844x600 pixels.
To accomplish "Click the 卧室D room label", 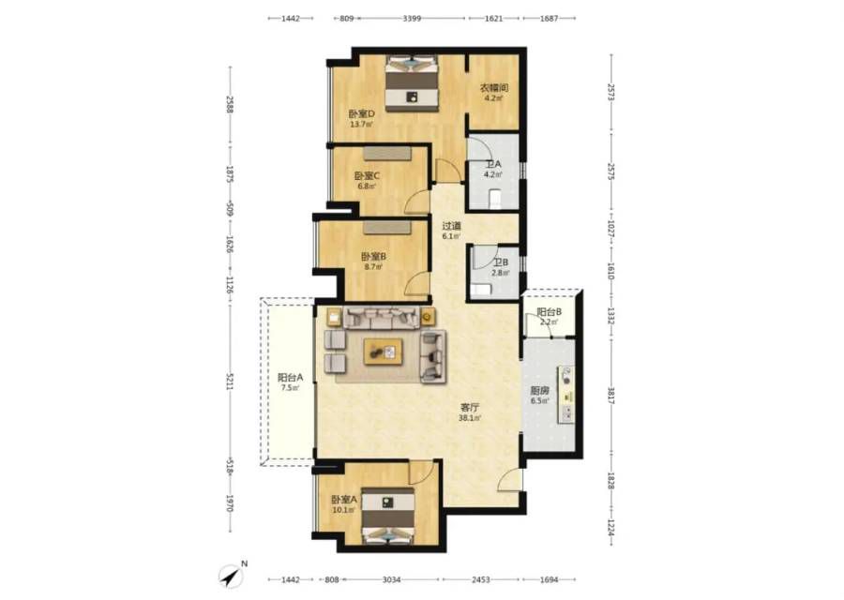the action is click(361, 114).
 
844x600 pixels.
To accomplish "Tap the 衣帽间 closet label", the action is click(494, 88).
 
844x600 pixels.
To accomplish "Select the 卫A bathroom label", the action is click(493, 164).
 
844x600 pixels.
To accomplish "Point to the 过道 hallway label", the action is click(452, 226).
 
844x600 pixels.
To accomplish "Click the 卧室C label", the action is click(367, 176).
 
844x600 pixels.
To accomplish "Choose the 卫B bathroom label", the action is click(501, 262).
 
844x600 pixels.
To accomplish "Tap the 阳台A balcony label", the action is click(290, 378).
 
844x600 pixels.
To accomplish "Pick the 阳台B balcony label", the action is click(550, 312).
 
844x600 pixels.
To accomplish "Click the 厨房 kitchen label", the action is click(539, 391).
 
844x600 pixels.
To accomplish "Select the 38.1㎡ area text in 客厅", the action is click(470, 417).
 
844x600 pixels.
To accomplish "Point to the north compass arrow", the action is click(232, 577).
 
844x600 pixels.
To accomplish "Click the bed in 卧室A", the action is click(387, 517).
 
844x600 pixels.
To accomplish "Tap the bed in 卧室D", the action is click(412, 83).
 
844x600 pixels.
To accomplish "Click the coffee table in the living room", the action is click(384, 352).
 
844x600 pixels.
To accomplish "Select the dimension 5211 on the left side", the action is click(230, 382).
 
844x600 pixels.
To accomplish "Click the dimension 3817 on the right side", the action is click(610, 396).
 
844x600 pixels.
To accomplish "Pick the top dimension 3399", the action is click(412, 19).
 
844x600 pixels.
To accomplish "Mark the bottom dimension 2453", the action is click(481, 579).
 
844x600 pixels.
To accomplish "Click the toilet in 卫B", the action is click(482, 290).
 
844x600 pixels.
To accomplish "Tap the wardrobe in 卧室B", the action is click(387, 227).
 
